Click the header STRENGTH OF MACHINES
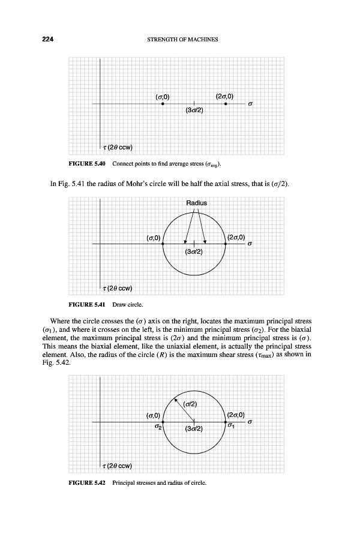click(x=182, y=40)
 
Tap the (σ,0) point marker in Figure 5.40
click(x=163, y=104)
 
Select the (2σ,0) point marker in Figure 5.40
click(x=226, y=104)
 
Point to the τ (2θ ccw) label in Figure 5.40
click(x=118, y=148)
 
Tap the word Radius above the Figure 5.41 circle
click(x=197, y=203)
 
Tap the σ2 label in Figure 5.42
click(x=159, y=427)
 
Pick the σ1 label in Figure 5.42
click(x=231, y=427)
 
